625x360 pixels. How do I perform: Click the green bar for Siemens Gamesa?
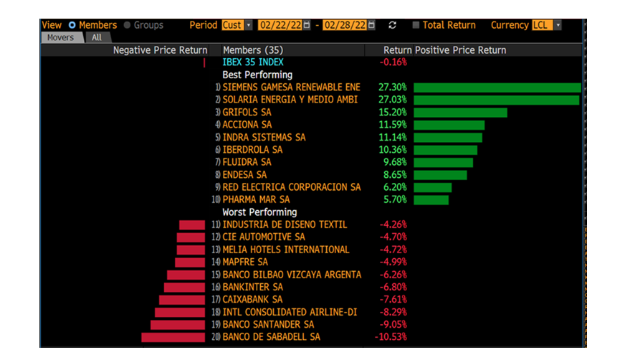click(497, 87)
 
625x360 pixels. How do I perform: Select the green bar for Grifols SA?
click(460, 113)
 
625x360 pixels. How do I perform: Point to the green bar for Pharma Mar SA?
click(431, 199)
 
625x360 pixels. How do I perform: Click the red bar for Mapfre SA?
click(190, 262)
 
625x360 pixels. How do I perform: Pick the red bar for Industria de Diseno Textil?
click(192, 225)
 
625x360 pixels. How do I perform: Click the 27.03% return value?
click(393, 100)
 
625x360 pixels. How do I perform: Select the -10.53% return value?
click(391, 337)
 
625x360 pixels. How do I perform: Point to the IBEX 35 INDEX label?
click(253, 62)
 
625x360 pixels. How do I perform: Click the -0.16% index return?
click(393, 62)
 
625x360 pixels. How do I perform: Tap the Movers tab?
click(61, 37)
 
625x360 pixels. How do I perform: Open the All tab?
click(96, 37)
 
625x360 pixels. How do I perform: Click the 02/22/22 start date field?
click(280, 25)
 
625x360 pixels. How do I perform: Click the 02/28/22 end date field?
click(346, 25)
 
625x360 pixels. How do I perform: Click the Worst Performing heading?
click(259, 212)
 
